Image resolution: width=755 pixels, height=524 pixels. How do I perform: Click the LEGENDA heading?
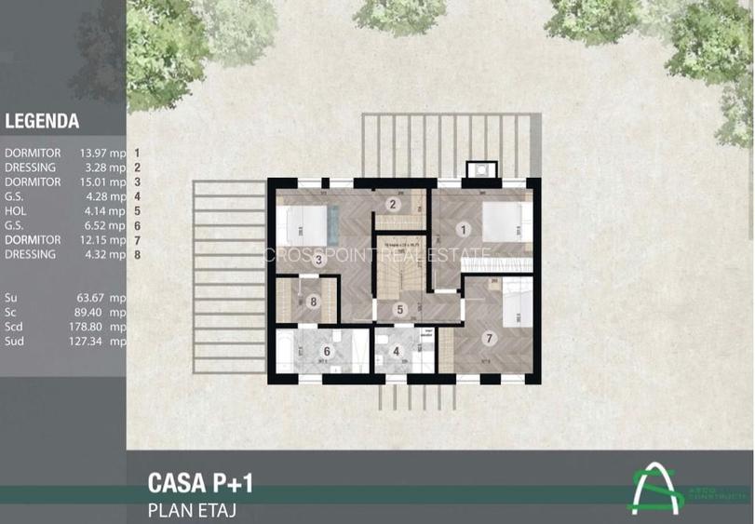(x=42, y=121)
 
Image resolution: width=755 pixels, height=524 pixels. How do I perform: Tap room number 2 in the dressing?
(x=393, y=205)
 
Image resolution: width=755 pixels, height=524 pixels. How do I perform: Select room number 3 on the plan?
(x=318, y=260)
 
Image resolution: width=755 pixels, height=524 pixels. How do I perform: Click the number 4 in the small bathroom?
(x=396, y=352)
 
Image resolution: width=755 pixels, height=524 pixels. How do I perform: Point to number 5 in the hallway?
(x=399, y=310)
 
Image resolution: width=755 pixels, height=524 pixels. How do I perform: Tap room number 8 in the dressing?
(x=314, y=301)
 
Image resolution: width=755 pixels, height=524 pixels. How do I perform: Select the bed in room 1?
(x=506, y=222)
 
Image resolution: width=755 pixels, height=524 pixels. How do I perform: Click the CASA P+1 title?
(x=200, y=483)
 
